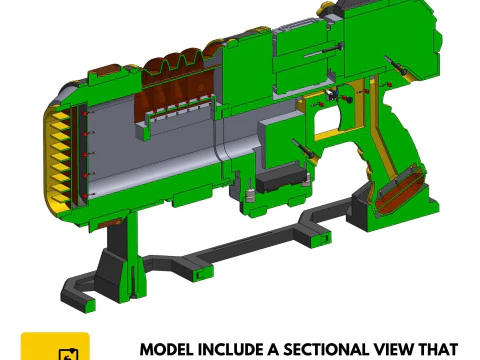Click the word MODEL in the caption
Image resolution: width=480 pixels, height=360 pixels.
(167, 350)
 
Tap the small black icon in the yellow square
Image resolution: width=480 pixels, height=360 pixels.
(68, 354)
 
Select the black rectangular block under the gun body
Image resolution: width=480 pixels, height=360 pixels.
(280, 179)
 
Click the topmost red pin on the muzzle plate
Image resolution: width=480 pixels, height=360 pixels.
(85, 114)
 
